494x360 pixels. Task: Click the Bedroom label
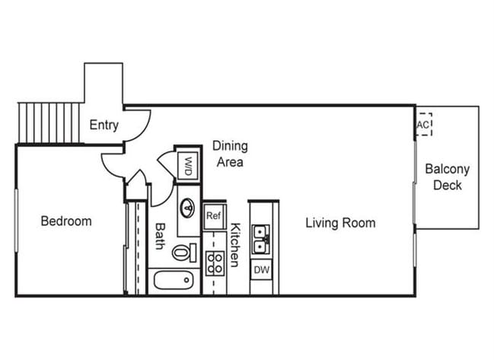[66, 221]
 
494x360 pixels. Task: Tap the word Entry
[104, 125]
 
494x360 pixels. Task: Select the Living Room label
[340, 223]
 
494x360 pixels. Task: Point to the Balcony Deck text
[448, 177]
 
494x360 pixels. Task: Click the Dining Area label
[231, 154]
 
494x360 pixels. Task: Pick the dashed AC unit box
[423, 125]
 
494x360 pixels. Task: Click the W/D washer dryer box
[188, 166]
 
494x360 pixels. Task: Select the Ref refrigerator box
[214, 216]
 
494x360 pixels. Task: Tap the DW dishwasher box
[262, 269]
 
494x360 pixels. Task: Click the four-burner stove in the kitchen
[215, 263]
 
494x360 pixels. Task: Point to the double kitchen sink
[260, 240]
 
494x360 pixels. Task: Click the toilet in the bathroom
[185, 252]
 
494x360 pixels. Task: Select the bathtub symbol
[174, 280]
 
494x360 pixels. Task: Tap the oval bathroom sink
[188, 208]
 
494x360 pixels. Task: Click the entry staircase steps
[49, 123]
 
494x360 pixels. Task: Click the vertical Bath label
[161, 236]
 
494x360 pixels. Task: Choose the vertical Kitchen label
[235, 245]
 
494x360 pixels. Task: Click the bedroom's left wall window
[17, 221]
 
